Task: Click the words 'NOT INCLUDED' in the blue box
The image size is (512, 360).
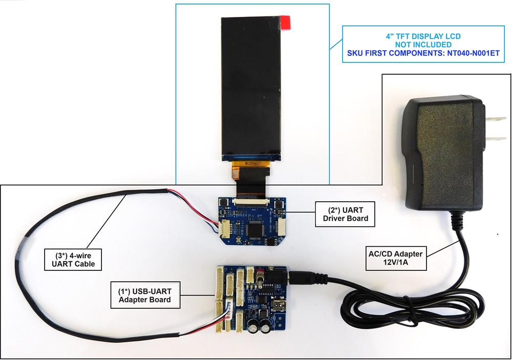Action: [x=423, y=45]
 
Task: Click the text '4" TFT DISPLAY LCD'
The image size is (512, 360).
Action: [x=423, y=36]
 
